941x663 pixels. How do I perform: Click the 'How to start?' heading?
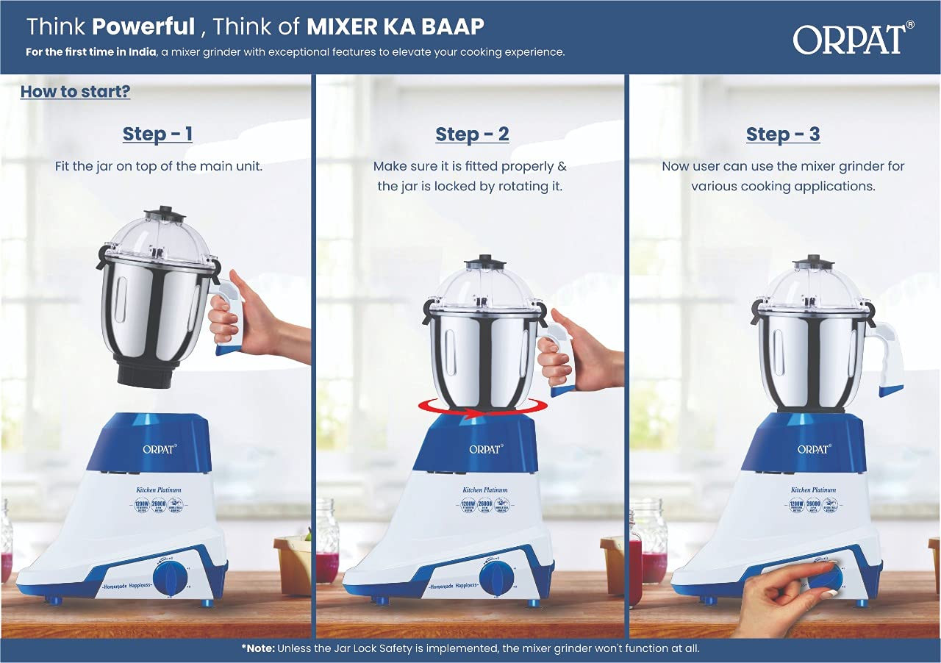[x=75, y=92]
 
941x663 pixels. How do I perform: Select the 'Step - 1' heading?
[x=157, y=134]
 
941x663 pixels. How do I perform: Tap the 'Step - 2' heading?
[x=472, y=135]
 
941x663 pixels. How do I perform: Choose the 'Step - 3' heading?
[x=783, y=135]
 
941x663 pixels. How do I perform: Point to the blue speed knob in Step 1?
[x=171, y=577]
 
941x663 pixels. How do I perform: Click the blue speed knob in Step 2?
[x=496, y=578]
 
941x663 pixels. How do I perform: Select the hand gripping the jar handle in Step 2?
[x=581, y=353]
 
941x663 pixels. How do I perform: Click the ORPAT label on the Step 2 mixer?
[x=484, y=448]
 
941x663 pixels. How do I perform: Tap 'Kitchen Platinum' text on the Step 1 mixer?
[x=157, y=488]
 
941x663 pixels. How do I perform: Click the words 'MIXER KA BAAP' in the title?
[x=395, y=26]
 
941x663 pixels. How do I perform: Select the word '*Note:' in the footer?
[x=259, y=648]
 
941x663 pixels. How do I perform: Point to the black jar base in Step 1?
[x=145, y=375]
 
